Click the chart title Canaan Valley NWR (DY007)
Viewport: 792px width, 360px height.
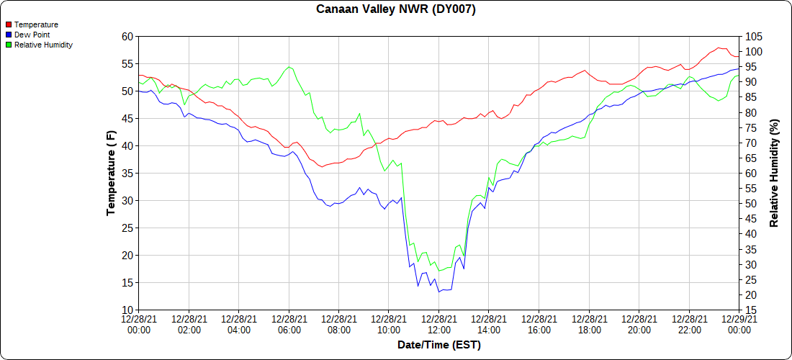click(396, 9)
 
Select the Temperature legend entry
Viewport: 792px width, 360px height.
click(36, 24)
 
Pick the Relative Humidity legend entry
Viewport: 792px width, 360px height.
click(43, 45)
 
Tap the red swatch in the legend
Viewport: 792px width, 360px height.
click(9, 24)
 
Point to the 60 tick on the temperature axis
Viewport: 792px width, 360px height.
click(127, 37)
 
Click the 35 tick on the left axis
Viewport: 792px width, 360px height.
click(127, 174)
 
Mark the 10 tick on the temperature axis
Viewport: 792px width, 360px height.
click(127, 310)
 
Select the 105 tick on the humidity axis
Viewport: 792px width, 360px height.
click(755, 37)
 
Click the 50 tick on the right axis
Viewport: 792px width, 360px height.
click(752, 204)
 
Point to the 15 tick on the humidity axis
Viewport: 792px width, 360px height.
click(752, 310)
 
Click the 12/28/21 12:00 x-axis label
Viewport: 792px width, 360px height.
click(439, 325)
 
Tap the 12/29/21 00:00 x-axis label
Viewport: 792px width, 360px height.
click(739, 325)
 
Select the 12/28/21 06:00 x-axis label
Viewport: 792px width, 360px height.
click(289, 325)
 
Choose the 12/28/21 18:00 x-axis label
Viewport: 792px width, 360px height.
click(589, 325)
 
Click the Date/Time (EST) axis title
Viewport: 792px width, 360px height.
click(439, 346)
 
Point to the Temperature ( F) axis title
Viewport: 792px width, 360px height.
click(111, 173)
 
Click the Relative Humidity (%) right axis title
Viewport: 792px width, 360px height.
click(775, 173)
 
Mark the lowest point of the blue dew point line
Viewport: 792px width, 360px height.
click(438, 292)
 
